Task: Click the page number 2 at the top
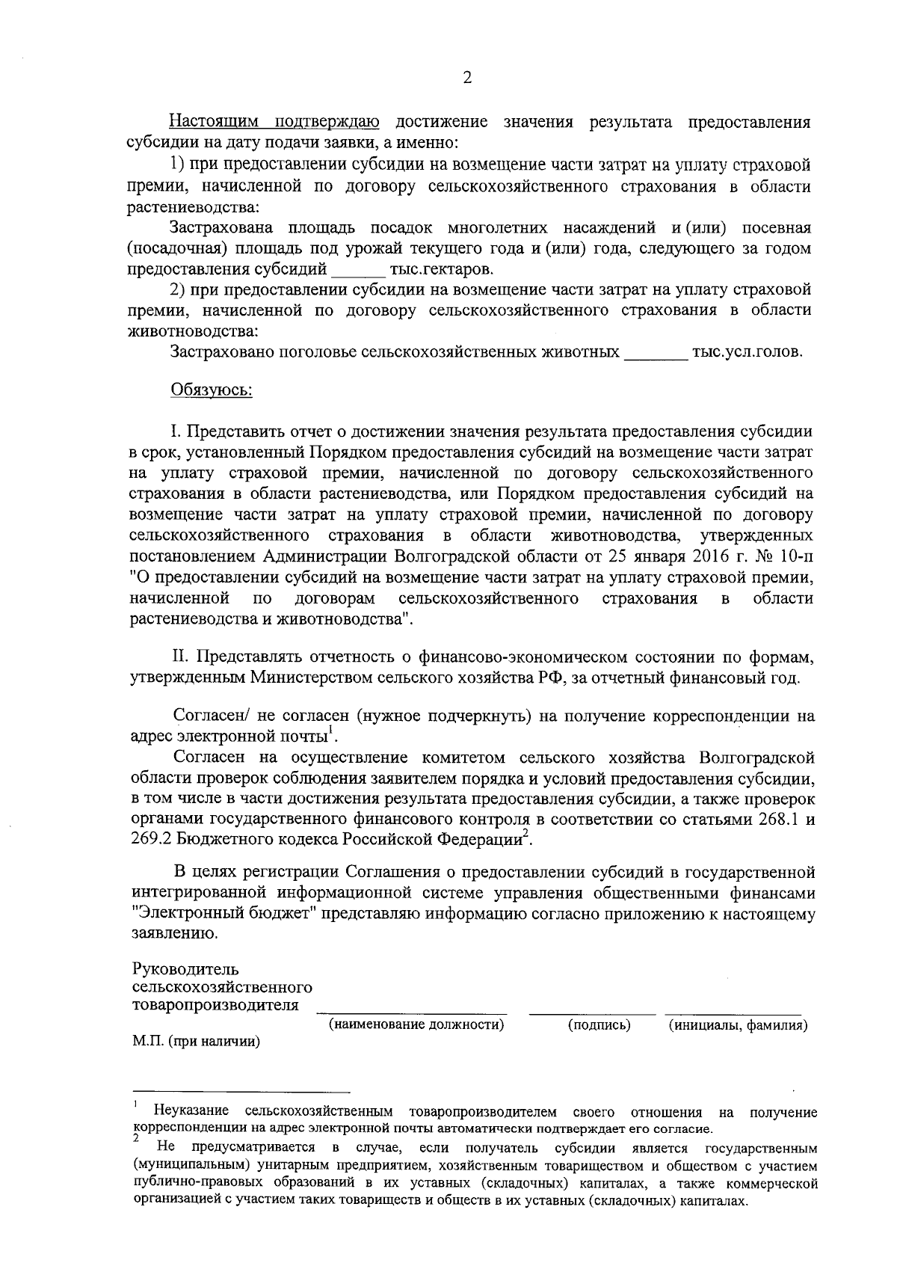click(x=468, y=78)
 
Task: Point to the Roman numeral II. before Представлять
click(x=182, y=657)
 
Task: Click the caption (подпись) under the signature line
click(x=599, y=1025)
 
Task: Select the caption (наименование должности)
click(x=416, y=1025)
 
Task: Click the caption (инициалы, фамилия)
click(x=737, y=1025)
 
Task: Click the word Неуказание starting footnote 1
click(x=190, y=1112)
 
